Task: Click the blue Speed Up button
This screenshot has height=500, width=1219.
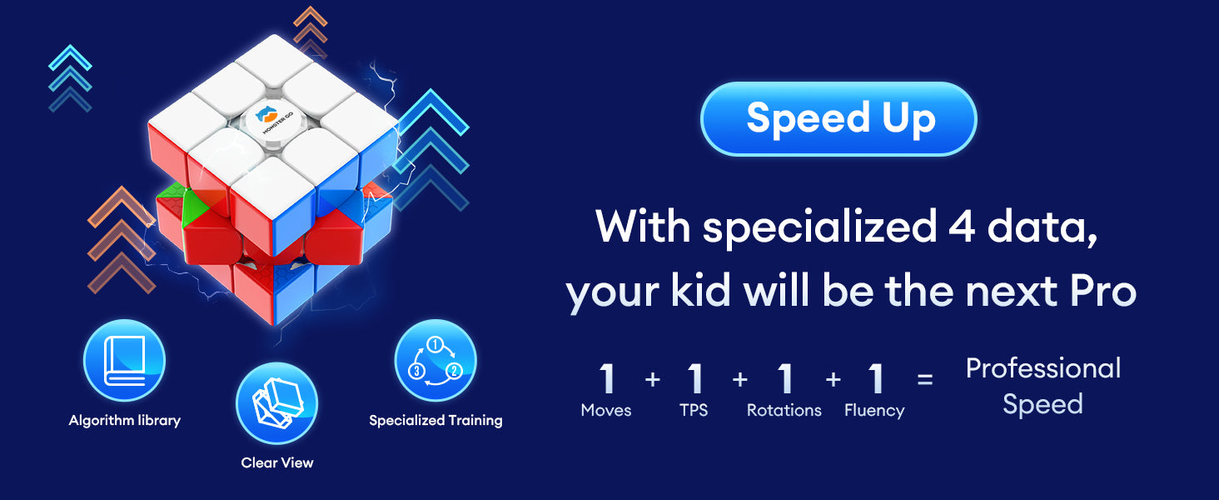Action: click(x=838, y=118)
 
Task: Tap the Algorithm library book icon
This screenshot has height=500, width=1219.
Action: click(x=125, y=361)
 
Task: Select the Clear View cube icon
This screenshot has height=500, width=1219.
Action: click(x=277, y=403)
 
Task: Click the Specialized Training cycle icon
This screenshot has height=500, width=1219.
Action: click(x=435, y=361)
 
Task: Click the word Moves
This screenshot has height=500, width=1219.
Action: click(x=605, y=410)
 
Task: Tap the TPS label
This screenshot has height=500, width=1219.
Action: click(x=694, y=410)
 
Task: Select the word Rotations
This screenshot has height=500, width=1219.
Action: click(x=784, y=410)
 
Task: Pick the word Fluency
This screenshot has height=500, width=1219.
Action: click(x=874, y=411)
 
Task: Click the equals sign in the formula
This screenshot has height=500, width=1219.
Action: click(x=925, y=379)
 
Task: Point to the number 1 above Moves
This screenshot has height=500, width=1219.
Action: click(x=606, y=378)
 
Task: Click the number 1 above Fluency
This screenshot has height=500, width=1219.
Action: click(x=875, y=378)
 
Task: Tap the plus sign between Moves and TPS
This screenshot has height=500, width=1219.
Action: click(x=653, y=379)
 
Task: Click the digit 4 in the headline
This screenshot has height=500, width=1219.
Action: click(x=961, y=227)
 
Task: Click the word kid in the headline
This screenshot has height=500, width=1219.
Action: click(x=701, y=290)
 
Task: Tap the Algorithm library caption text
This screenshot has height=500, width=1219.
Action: click(x=125, y=421)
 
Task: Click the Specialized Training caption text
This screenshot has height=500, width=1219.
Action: click(x=435, y=421)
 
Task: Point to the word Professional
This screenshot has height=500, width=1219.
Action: click(x=1043, y=368)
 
